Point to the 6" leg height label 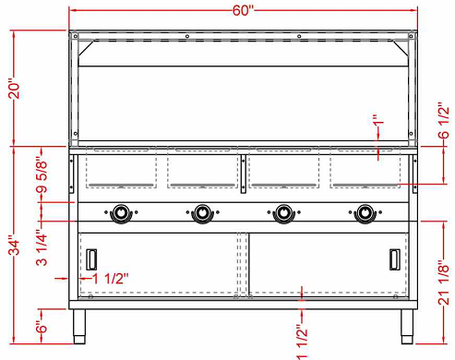(13, 326)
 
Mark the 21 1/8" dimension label (443, 285)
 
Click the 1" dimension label (376, 123)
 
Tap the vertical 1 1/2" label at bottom (302, 340)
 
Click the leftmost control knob (120, 214)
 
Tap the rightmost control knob (366, 214)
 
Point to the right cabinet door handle (395, 259)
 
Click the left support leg (79, 324)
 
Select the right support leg (407, 324)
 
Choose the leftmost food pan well (120, 170)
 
